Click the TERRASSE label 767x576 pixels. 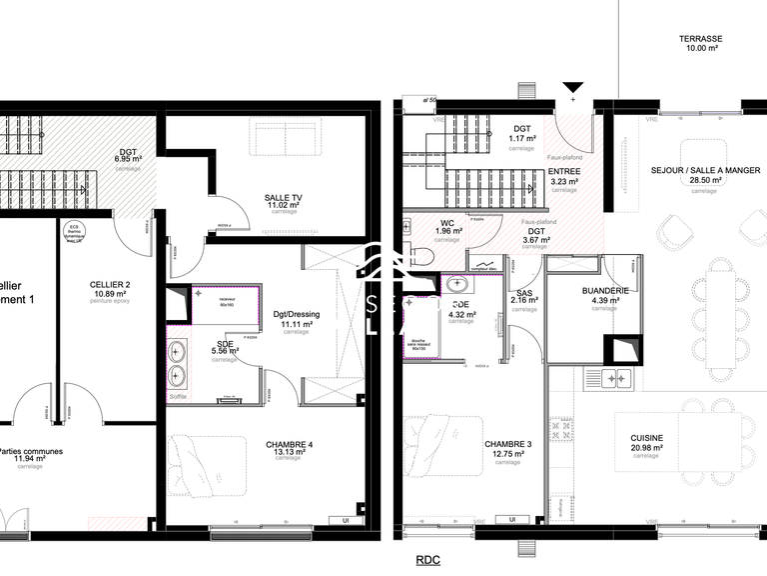tap(700, 39)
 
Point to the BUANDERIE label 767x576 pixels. tap(604, 290)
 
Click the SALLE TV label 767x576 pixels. tap(284, 197)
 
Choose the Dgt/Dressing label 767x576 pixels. tap(296, 314)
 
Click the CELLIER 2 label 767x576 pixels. tap(110, 285)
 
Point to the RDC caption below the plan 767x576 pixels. tap(427, 561)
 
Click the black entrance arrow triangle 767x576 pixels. tap(573, 89)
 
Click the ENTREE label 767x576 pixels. tap(564, 172)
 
